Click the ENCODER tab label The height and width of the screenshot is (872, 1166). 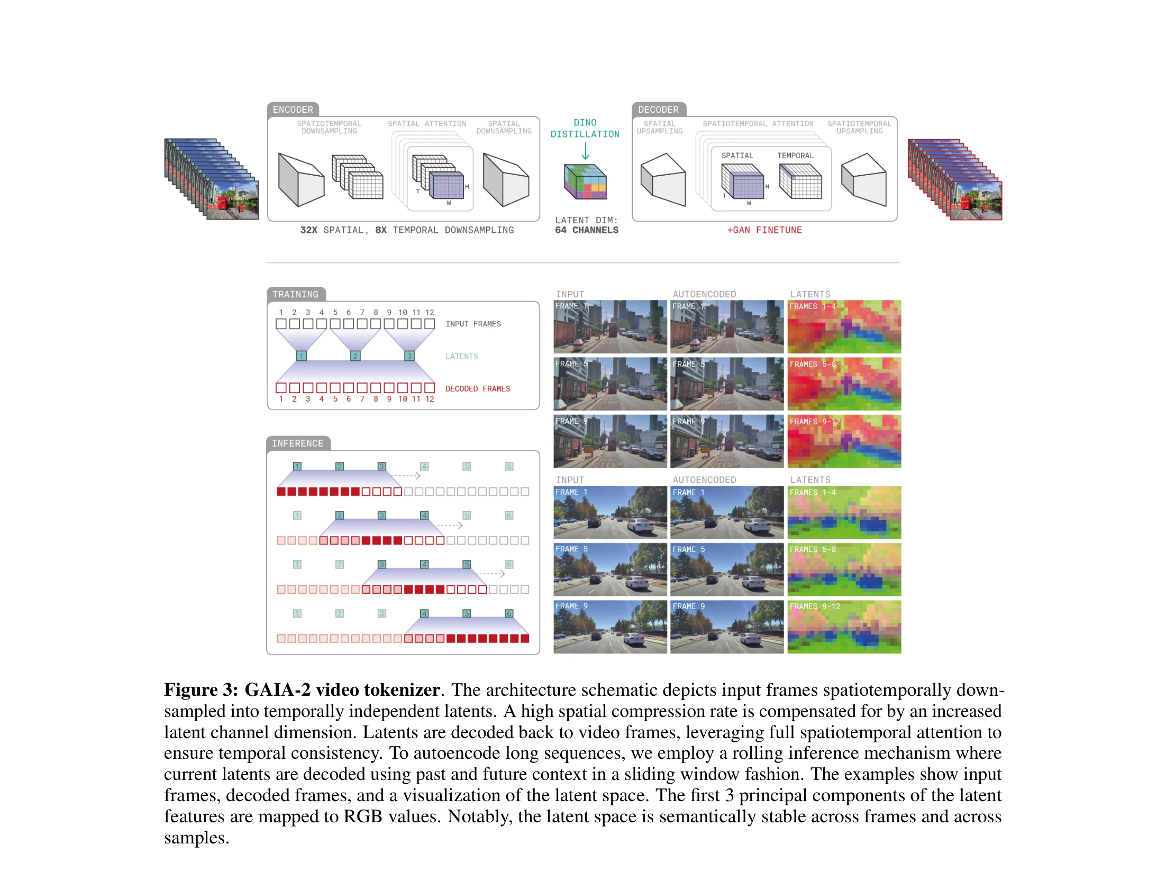coord(293,110)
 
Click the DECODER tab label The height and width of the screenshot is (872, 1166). coord(658,110)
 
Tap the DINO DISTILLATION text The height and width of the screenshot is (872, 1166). coord(585,129)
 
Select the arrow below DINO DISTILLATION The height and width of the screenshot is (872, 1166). coord(585,151)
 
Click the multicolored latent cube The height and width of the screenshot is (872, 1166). coord(585,181)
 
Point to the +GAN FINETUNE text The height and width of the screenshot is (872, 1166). coord(764,230)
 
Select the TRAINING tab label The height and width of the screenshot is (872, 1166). coord(296,294)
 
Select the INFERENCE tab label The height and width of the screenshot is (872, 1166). coord(298,443)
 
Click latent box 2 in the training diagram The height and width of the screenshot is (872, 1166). coord(356,356)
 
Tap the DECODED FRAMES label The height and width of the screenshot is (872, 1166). coord(478,389)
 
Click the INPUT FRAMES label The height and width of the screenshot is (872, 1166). coord(473,324)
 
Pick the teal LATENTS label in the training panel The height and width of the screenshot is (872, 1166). coord(461,357)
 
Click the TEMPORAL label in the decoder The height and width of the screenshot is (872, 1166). coord(795,156)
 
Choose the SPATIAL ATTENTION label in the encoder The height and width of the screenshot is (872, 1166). coord(427,124)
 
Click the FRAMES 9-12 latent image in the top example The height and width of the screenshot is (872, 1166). coord(844,441)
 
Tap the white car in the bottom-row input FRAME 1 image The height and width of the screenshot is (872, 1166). coord(641,525)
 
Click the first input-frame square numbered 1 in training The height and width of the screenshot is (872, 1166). coord(281,324)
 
